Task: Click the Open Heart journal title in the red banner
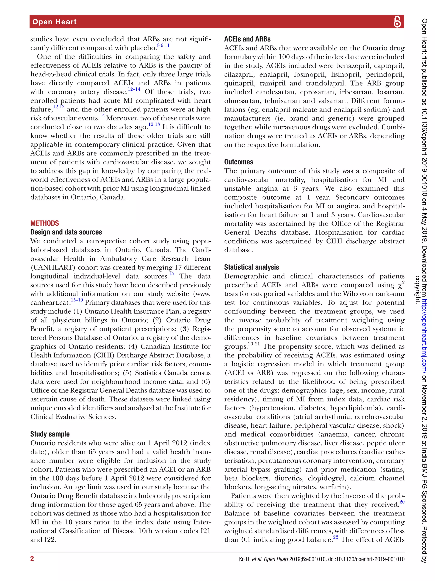(54, 22)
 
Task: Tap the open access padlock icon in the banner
(397, 22)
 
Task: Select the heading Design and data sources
(66, 232)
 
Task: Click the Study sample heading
(50, 434)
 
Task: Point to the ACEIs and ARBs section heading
(247, 39)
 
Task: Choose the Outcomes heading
(239, 162)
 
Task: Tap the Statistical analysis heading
(251, 267)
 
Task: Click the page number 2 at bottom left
(32, 559)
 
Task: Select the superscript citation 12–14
(134, 89)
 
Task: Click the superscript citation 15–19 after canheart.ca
(77, 300)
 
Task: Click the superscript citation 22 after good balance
(335, 537)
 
